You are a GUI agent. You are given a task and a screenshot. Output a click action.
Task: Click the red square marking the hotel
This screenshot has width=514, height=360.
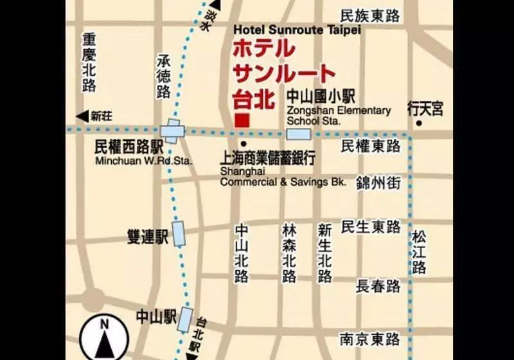coord(242,120)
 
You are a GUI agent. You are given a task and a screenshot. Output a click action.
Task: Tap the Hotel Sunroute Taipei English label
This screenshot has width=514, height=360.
coord(297,30)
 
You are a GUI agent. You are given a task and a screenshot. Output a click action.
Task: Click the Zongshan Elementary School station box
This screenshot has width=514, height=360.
coord(299,134)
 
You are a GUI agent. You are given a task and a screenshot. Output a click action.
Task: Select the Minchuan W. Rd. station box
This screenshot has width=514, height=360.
coord(172,132)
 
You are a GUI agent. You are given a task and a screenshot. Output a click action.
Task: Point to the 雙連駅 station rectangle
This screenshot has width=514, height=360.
coord(178,234)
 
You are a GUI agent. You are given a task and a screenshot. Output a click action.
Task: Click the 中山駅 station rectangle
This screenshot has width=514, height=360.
coord(186,318)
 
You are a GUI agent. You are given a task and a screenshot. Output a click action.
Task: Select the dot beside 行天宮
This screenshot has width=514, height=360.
coord(419,123)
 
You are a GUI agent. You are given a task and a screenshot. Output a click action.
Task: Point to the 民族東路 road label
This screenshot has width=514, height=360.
coord(370,16)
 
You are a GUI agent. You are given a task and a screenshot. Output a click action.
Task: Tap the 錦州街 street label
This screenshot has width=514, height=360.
coord(378,183)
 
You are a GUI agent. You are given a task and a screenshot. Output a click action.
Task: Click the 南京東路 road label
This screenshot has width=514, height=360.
coord(371,338)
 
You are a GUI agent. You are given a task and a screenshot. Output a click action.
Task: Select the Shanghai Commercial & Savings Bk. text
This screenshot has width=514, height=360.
coord(283,177)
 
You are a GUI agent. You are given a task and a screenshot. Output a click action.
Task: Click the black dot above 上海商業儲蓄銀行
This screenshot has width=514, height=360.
coord(242,143)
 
